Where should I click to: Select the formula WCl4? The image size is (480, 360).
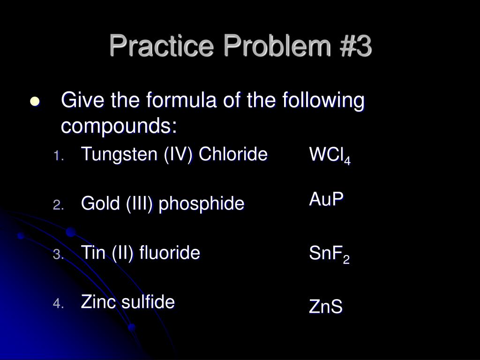tap(330, 156)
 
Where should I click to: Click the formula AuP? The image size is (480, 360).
tap(326, 199)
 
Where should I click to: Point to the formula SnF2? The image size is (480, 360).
tap(329, 255)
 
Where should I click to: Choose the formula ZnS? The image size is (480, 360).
tap(326, 307)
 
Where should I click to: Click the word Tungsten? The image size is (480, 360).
tap(120, 154)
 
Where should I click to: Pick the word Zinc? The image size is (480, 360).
tap(97, 302)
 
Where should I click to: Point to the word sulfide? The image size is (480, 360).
tap(151, 302)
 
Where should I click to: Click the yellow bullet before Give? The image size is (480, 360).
tap(35, 103)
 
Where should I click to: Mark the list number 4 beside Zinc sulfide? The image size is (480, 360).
tap(58, 304)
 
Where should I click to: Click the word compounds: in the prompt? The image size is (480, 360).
tap(119, 126)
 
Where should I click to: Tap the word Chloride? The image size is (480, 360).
tap(233, 154)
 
